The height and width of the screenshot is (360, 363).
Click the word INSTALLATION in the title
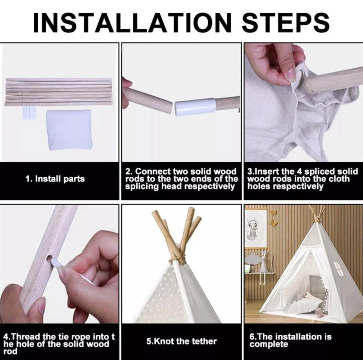click(x=132, y=22)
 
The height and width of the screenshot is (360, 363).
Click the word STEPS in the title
click(x=286, y=22)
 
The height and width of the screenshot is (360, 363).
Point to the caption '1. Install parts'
click(x=55, y=179)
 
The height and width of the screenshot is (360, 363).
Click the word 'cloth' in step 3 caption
click(x=338, y=179)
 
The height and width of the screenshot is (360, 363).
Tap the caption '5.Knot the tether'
click(x=181, y=341)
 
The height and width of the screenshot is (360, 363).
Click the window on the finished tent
click(x=338, y=269)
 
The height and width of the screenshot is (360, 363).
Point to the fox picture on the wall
click(x=254, y=228)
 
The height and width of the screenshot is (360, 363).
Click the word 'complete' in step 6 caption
click(x=269, y=344)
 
